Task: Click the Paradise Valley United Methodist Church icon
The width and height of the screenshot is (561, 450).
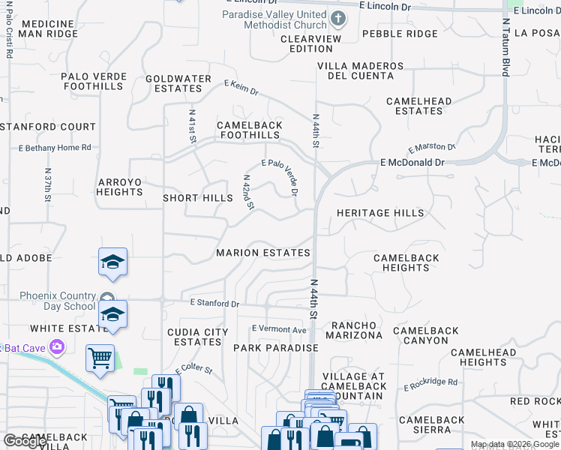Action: [x=338, y=18]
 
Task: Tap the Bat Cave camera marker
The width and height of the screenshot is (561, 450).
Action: [x=56, y=346]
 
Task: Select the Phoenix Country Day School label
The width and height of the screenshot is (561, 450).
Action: [x=58, y=301]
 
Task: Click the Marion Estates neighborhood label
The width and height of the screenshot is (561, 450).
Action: [x=263, y=253]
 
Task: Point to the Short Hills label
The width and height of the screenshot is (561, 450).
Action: [x=198, y=198]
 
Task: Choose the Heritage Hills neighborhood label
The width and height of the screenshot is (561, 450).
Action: [x=380, y=213]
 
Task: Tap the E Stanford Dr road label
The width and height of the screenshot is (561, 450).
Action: [x=214, y=304]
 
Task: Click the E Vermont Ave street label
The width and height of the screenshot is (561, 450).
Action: [x=279, y=329]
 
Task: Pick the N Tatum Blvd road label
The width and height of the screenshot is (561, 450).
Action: [x=506, y=46]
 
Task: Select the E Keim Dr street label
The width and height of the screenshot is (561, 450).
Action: [x=241, y=88]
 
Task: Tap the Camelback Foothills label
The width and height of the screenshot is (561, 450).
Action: [x=250, y=130]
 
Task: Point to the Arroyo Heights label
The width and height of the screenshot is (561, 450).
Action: [x=120, y=187]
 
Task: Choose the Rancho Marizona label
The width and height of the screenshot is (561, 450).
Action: [x=357, y=330]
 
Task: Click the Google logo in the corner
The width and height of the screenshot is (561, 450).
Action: [x=25, y=441]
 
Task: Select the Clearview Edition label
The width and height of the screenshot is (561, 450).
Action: [x=311, y=43]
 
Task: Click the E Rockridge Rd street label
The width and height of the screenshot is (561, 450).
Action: [x=430, y=384]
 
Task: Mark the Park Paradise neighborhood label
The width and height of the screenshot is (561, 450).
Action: [x=276, y=348]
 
